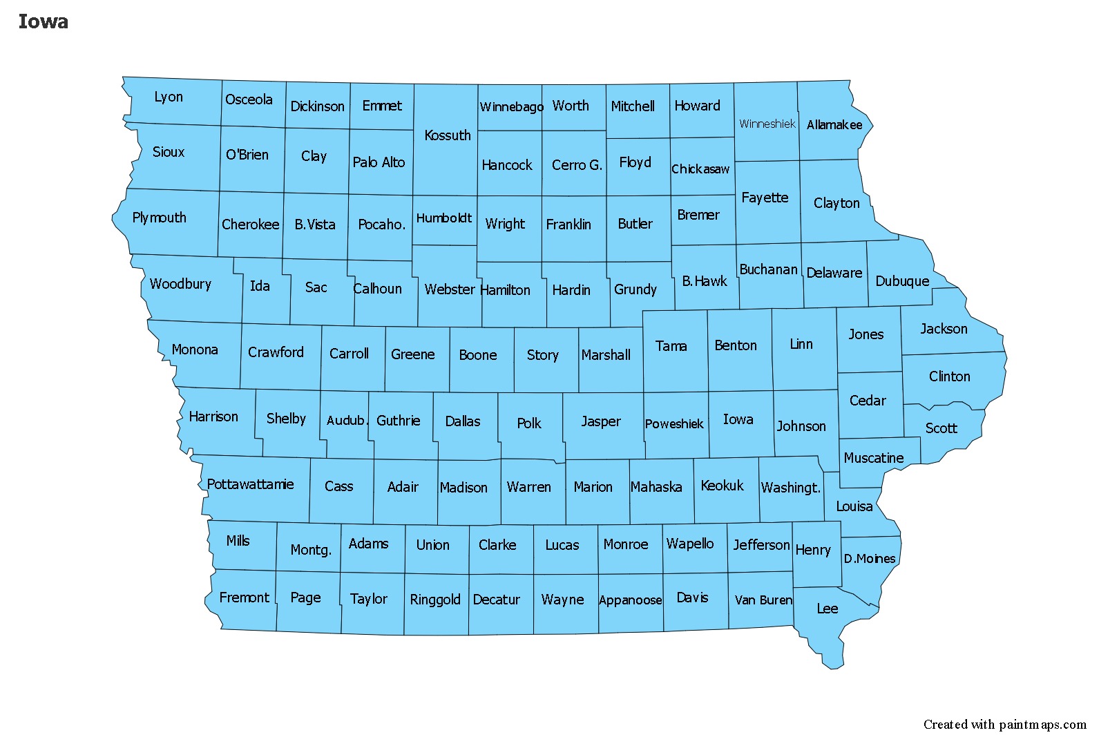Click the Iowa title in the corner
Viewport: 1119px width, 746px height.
coord(43,21)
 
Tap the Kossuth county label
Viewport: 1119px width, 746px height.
coord(448,135)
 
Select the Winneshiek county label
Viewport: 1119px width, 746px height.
coord(767,124)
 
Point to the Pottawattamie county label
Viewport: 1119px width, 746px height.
coord(250,484)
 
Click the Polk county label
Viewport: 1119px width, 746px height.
coord(529,423)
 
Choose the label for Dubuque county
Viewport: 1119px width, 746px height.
coord(902,281)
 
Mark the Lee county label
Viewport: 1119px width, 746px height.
coord(827,609)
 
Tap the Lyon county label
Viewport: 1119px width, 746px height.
coord(169,97)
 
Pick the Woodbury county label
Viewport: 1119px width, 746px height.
coord(180,284)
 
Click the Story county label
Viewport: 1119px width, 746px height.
coord(542,355)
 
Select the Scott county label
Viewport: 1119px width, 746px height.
coord(941,428)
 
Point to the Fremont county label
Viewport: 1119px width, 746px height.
coord(244,597)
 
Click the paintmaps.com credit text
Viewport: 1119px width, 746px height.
coord(1004,725)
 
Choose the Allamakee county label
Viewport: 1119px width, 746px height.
coord(834,125)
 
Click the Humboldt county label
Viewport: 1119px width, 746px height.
coord(443,218)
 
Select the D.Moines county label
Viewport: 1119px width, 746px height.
coord(869,559)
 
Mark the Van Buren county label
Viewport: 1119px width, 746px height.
coord(763,600)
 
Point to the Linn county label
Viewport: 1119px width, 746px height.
coord(801,344)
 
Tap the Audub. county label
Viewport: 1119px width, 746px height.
coord(345,421)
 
